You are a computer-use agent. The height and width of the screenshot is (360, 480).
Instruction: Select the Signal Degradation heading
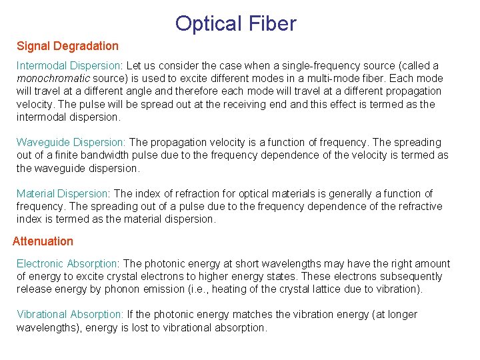(x=67, y=46)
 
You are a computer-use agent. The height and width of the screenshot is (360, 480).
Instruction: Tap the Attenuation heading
(x=43, y=241)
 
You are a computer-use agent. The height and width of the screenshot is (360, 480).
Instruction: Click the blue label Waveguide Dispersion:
(x=71, y=142)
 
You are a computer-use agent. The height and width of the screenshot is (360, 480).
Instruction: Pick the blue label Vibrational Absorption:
(x=70, y=314)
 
